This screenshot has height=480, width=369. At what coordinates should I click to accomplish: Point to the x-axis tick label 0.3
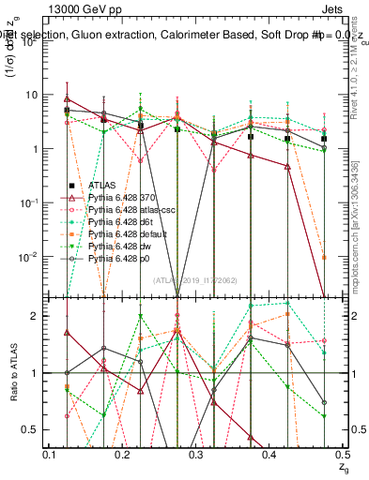(x=195, y=454)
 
